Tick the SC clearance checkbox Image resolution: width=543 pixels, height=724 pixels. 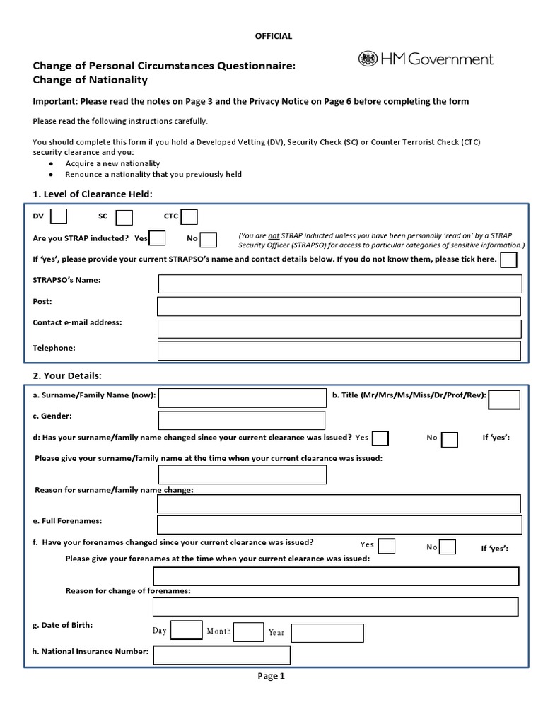(x=124, y=216)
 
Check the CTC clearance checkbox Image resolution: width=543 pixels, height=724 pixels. (x=189, y=216)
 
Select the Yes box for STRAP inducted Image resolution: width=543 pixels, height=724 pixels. (x=158, y=238)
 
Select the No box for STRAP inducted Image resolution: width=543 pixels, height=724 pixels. (x=209, y=239)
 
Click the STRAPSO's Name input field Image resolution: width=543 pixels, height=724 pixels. (x=340, y=284)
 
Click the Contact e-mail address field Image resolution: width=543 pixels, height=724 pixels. (x=340, y=328)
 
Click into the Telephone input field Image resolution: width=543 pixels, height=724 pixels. (x=340, y=351)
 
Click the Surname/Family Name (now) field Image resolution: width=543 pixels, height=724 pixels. (x=243, y=398)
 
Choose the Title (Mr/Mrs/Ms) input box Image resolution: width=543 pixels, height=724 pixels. (x=504, y=399)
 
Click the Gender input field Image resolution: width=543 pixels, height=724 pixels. (x=243, y=421)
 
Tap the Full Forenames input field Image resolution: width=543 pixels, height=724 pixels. (x=339, y=525)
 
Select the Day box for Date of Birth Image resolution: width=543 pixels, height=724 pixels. (x=187, y=630)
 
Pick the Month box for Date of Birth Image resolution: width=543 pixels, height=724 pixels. (x=248, y=631)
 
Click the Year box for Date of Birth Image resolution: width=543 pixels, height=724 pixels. (x=327, y=633)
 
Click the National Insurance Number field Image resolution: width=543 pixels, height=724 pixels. (x=222, y=655)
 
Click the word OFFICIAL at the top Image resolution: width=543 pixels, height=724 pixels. (x=272, y=36)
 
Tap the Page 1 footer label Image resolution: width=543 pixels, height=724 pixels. (x=271, y=676)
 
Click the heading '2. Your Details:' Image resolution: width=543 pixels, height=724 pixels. (x=68, y=375)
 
